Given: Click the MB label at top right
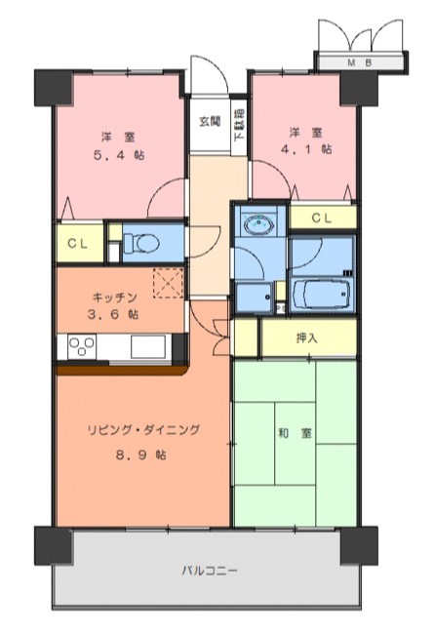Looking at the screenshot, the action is click(360, 62).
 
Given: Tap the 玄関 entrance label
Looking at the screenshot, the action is click(211, 121).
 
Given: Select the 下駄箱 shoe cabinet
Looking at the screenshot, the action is click(240, 126).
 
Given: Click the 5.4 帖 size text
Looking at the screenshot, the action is click(119, 155).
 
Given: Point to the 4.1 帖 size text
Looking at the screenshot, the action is click(306, 149).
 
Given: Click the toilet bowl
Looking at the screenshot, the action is click(141, 244).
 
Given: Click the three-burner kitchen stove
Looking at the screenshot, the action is click(82, 346).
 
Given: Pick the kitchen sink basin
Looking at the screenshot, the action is click(148, 346).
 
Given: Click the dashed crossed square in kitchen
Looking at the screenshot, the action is click(169, 283).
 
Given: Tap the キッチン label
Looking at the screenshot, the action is click(114, 297).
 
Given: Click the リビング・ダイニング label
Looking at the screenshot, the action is click(144, 429).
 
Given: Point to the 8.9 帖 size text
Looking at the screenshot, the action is click(141, 455).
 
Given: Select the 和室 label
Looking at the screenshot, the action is click(295, 433).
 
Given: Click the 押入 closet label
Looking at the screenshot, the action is click(307, 338).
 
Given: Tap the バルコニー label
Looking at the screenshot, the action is click(209, 571).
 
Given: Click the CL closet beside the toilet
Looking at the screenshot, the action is click(80, 244).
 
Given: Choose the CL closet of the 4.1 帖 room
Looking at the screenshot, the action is click(323, 218).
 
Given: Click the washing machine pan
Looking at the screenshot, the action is click(254, 297).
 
